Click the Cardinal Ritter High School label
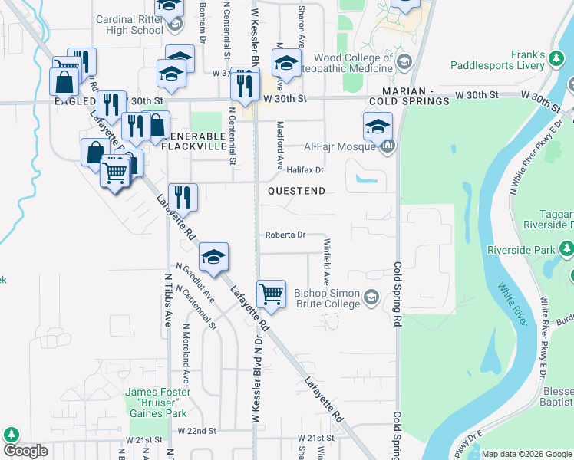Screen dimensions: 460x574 tap(130, 25)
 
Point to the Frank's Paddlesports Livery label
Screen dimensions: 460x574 tap(539, 61)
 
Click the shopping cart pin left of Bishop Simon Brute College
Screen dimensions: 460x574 tap(271, 294)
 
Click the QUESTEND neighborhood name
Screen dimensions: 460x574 tap(296, 190)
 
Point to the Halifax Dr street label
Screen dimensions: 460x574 tap(305, 169)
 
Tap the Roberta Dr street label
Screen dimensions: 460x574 tap(285, 235)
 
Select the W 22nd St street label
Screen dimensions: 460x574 tap(196, 432)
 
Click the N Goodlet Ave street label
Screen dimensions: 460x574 tap(196, 284)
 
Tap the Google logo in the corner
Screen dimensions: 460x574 tap(25, 451)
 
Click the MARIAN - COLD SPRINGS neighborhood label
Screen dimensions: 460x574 tap(409, 96)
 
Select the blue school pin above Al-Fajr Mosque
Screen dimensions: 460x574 tap(378, 127)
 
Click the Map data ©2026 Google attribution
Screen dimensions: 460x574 tap(526, 454)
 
